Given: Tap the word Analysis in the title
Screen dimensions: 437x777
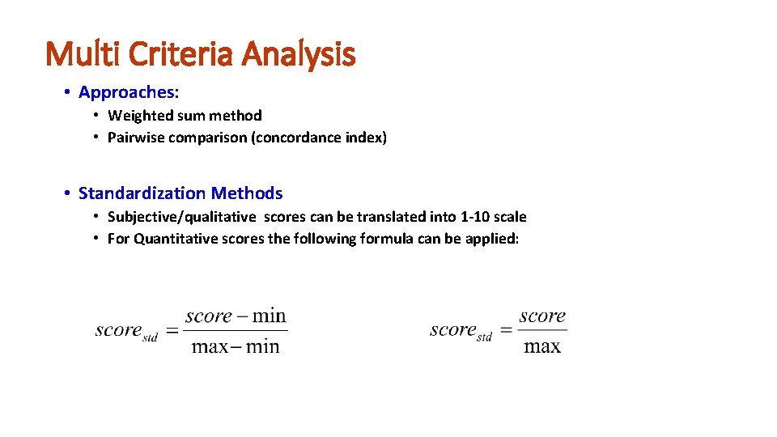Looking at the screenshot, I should click(299, 54).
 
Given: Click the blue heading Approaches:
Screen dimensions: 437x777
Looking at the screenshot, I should click(129, 92).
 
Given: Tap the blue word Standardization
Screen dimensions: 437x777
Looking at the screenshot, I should click(142, 193).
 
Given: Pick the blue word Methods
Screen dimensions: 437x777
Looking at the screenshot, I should click(247, 193).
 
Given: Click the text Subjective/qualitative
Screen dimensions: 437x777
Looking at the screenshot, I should click(181, 217).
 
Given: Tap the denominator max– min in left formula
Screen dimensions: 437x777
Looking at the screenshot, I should click(236, 347).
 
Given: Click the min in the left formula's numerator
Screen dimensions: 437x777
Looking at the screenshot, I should click(270, 316).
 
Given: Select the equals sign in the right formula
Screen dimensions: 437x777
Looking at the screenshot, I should click(505, 330).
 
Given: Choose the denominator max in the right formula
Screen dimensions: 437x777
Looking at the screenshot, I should click(542, 347).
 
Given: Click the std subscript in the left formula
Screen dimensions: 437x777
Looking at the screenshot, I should click(151, 337).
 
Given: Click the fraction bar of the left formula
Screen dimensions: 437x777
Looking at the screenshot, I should click(236, 330).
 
